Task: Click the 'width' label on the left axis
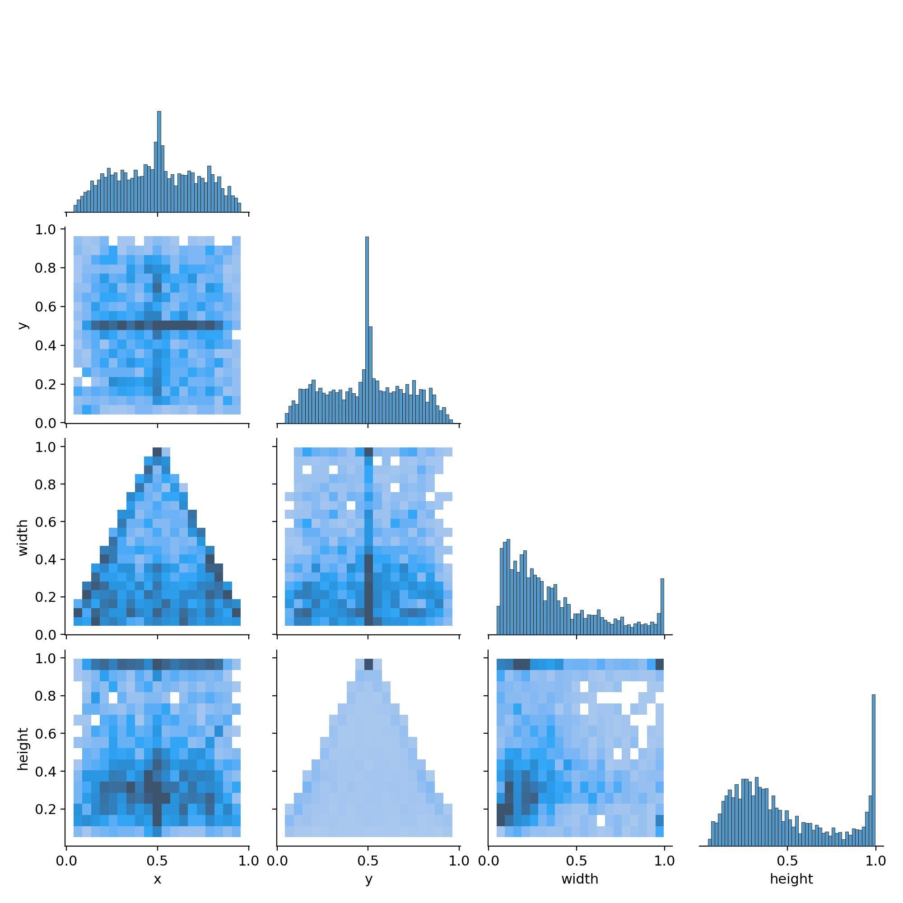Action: [23, 537]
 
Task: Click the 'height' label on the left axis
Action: [23, 749]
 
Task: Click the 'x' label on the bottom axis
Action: [158, 879]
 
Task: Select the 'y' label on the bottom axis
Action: [369, 879]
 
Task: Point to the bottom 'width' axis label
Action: [580, 879]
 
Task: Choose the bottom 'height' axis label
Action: [791, 879]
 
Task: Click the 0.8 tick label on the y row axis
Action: [45, 268]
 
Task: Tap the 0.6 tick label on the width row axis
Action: [45, 521]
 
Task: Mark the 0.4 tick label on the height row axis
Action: [45, 771]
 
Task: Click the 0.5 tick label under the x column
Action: [158, 861]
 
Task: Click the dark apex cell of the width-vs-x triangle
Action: [157, 451]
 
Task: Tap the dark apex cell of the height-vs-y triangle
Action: [368, 664]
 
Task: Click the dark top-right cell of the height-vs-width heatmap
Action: [660, 664]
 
